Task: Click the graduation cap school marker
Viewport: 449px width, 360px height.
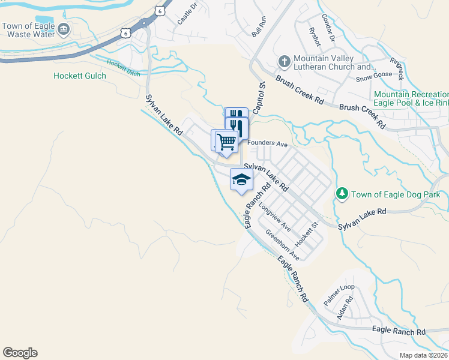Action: [x=241, y=179]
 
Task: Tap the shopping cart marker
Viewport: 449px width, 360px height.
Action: [x=226, y=142]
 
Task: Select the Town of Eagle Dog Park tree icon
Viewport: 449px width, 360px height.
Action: [x=342, y=194]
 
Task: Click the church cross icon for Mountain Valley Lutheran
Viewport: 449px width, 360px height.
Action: [x=285, y=61]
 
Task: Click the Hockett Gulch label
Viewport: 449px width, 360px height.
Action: [x=79, y=76]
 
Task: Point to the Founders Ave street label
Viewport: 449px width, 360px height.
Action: [x=268, y=144]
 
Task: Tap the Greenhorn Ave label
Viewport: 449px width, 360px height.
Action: [x=282, y=245]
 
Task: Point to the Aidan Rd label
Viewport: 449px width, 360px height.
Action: [x=343, y=308]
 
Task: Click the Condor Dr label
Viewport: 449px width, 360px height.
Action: [x=328, y=28]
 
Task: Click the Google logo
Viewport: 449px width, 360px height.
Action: [x=20, y=353]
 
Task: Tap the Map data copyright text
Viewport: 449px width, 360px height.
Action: [x=424, y=355]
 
